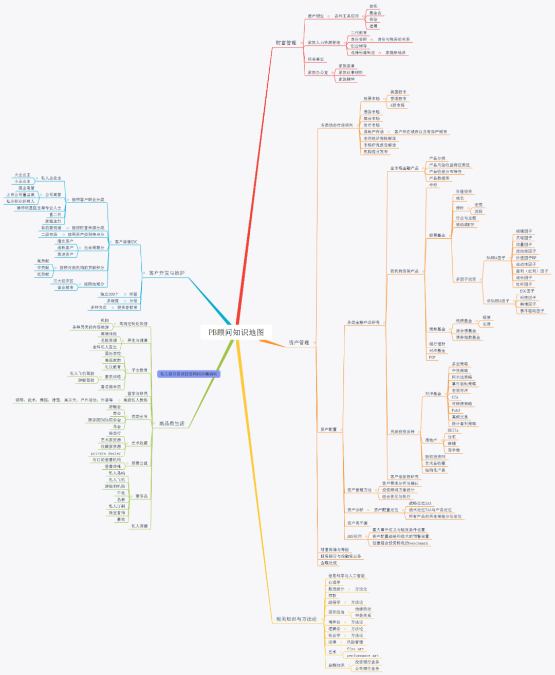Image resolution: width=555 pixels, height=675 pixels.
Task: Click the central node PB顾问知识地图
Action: coord(236,332)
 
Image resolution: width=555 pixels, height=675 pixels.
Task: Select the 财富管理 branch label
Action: coord(286,43)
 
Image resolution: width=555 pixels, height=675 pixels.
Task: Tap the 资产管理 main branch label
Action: coord(299,343)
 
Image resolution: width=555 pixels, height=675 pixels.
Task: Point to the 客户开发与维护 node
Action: coord(166,273)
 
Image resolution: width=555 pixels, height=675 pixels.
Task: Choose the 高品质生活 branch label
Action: coord(171,423)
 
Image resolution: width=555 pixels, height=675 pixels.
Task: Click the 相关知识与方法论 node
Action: coord(296,619)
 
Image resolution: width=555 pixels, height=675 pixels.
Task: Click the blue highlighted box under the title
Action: coord(189,374)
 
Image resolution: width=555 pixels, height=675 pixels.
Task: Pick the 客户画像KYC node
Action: coord(126,242)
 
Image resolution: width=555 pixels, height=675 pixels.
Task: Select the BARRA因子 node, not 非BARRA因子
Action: coord(495,258)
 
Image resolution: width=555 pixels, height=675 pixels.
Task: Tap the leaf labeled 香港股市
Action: coord(398,99)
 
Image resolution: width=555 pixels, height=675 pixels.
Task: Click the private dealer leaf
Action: coord(106,453)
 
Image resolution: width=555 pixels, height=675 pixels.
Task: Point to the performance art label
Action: coord(362,655)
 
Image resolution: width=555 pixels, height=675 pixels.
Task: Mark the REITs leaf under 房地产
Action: coord(452,430)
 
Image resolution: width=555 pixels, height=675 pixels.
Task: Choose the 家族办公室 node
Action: coord(318,73)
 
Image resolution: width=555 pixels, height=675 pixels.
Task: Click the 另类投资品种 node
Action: coord(402,432)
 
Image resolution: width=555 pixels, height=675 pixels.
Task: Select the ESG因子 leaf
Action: coord(527,291)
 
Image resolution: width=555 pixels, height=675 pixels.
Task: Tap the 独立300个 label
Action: coord(109,294)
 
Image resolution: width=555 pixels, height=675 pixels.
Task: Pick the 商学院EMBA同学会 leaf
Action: coord(104,420)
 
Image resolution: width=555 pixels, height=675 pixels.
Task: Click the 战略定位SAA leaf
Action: coord(420,503)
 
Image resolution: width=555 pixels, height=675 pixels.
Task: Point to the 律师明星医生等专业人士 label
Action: coord(39,208)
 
